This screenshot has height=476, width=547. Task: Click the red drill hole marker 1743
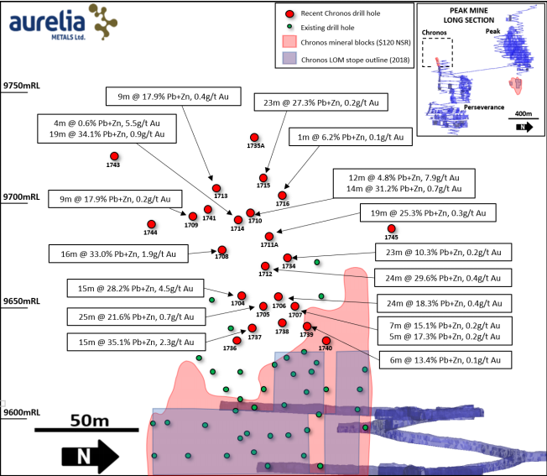(114, 156)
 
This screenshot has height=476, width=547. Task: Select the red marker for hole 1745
(392, 228)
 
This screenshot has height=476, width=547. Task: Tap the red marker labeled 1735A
(254, 138)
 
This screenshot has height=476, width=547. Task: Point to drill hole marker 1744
(151, 224)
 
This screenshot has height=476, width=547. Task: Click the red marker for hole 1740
(326, 341)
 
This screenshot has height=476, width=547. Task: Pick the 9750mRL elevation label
(21, 86)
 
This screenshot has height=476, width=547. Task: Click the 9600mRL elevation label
(22, 412)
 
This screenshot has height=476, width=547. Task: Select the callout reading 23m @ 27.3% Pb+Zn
(321, 102)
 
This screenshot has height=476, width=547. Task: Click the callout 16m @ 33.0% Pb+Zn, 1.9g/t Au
(118, 254)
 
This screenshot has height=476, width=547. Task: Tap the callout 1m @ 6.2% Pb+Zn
(351, 137)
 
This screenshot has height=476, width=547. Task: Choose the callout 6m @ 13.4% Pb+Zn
(445, 360)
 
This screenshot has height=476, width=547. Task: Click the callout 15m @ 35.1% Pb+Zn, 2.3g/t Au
(136, 342)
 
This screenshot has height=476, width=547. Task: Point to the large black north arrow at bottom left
(91, 456)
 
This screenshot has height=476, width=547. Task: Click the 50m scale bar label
(90, 421)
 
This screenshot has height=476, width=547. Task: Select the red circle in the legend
(289, 14)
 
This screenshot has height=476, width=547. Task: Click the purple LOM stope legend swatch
(289, 59)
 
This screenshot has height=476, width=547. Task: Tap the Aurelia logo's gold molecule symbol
(103, 22)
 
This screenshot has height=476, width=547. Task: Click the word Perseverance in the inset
(484, 107)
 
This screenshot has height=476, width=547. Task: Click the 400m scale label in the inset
(524, 113)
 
